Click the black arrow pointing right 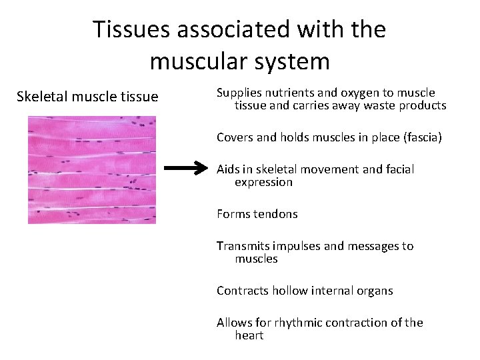[x=186, y=169]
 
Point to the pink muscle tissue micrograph [x=91, y=170]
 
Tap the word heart [x=249, y=335]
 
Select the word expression [x=263, y=182]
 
